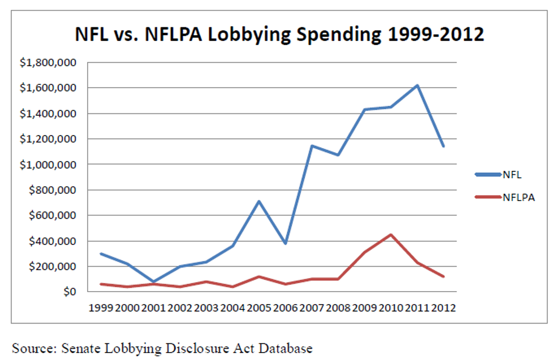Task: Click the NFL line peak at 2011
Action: tap(417, 85)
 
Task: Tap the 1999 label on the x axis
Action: tap(100, 308)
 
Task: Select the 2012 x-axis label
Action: tap(444, 308)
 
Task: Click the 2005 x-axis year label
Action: tap(259, 308)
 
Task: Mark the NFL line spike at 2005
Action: tap(259, 201)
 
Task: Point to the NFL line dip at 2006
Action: tap(285, 243)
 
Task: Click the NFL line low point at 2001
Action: tap(153, 282)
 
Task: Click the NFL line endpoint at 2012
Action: tap(444, 146)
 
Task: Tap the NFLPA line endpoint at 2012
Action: tap(444, 277)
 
